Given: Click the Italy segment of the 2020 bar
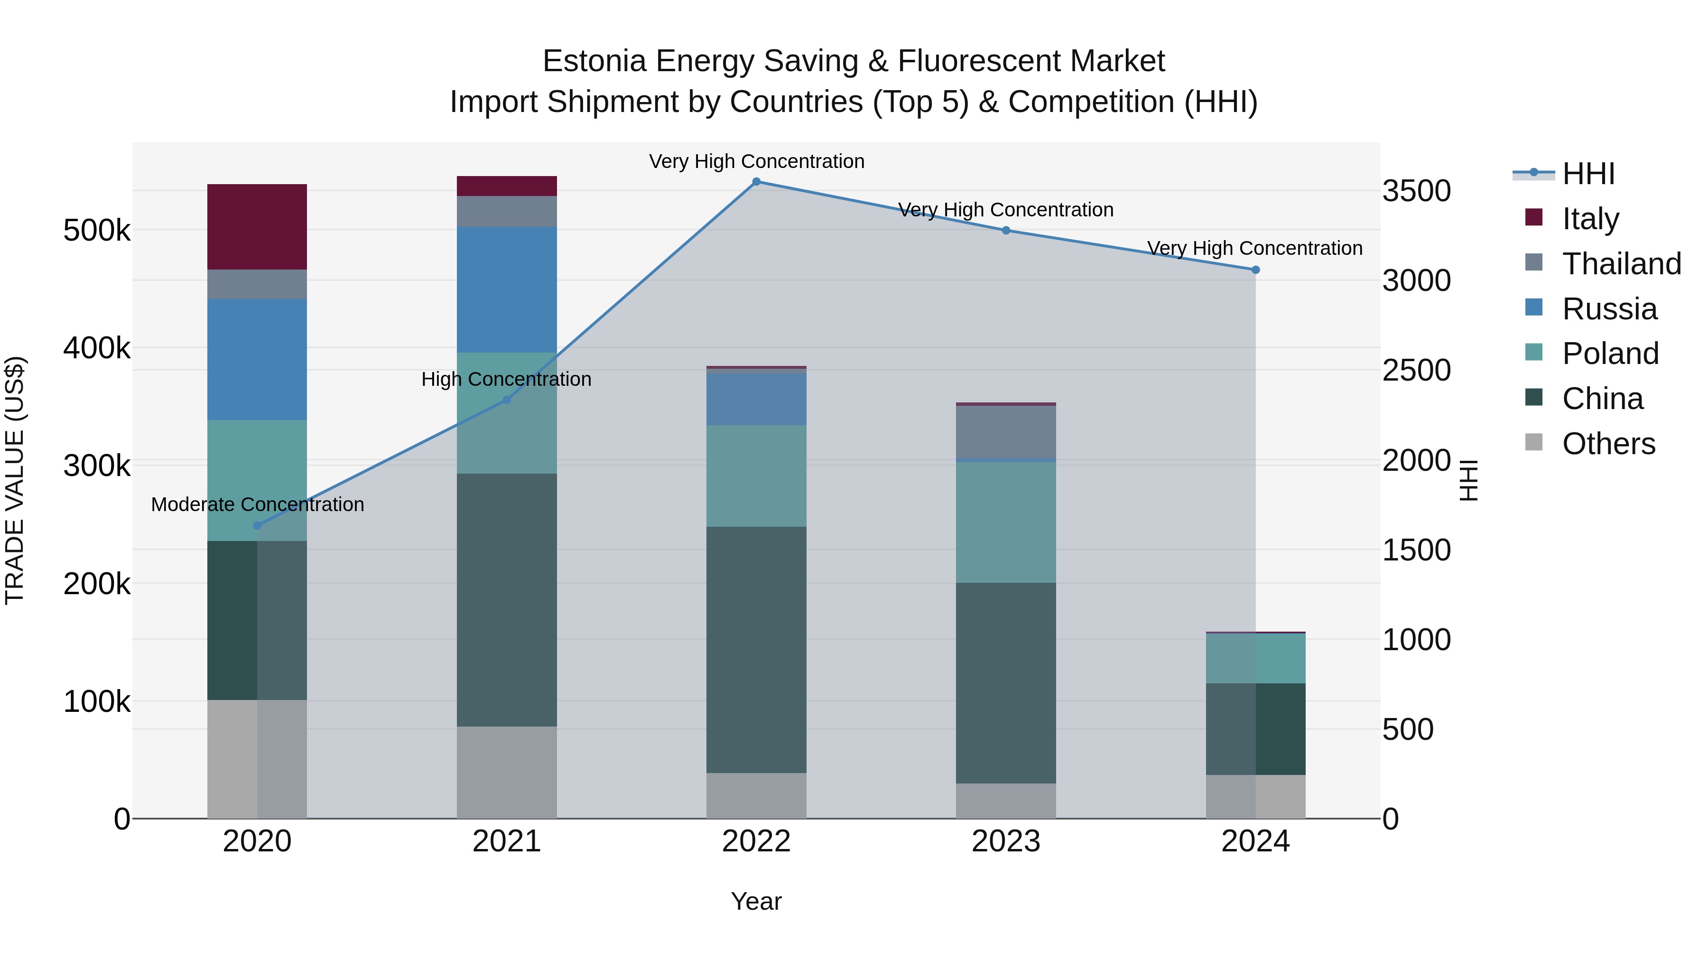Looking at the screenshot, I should pos(257,226).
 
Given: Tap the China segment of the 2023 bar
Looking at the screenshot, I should pos(1005,682).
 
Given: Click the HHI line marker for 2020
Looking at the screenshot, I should pos(257,525).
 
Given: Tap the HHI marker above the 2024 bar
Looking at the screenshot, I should pos(1255,270).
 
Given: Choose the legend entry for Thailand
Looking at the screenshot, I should pos(1621,263).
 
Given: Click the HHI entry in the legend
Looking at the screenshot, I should pos(1588,174).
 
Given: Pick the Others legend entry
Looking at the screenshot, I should pos(1608,443).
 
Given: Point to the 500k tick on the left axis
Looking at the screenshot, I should pos(97,231).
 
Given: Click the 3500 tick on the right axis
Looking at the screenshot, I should pos(1416,191).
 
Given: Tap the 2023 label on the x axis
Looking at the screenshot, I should pos(1005,841).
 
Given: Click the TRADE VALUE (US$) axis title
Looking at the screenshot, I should pos(15,480).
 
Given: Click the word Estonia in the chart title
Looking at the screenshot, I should pos(594,61).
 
